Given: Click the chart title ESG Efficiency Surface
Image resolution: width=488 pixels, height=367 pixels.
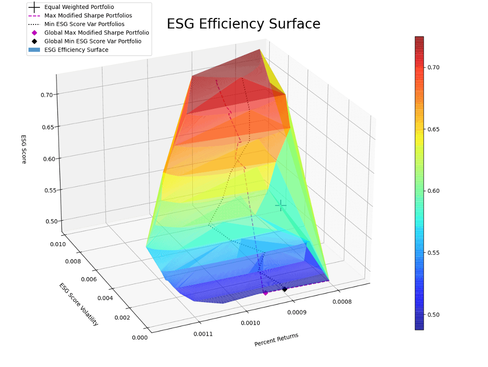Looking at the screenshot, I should (x=243, y=24).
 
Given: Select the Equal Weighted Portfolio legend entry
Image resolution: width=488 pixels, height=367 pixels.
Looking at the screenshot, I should (x=78, y=7).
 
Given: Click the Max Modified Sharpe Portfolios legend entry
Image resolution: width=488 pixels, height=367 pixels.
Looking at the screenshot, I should (x=88, y=15).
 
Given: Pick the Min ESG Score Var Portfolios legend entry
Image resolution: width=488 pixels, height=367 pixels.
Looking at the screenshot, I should (x=84, y=24).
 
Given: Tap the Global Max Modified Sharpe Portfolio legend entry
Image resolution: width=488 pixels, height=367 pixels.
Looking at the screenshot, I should (x=96, y=32).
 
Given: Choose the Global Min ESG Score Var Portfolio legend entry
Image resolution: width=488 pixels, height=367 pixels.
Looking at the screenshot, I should (x=92, y=41).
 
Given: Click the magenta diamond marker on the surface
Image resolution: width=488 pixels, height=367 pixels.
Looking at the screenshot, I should (x=265, y=293).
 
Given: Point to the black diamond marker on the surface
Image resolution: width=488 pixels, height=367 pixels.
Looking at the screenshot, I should (x=285, y=289).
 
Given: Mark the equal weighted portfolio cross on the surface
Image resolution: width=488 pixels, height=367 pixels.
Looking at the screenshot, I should (x=281, y=205).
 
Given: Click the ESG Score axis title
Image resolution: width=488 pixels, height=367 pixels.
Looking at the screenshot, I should (x=23, y=149).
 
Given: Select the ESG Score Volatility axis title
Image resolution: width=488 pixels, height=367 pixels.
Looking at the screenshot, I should (x=79, y=304).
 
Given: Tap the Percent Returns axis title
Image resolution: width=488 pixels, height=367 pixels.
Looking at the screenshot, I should (x=276, y=340).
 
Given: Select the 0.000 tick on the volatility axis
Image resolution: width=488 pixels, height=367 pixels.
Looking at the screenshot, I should (x=139, y=338).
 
